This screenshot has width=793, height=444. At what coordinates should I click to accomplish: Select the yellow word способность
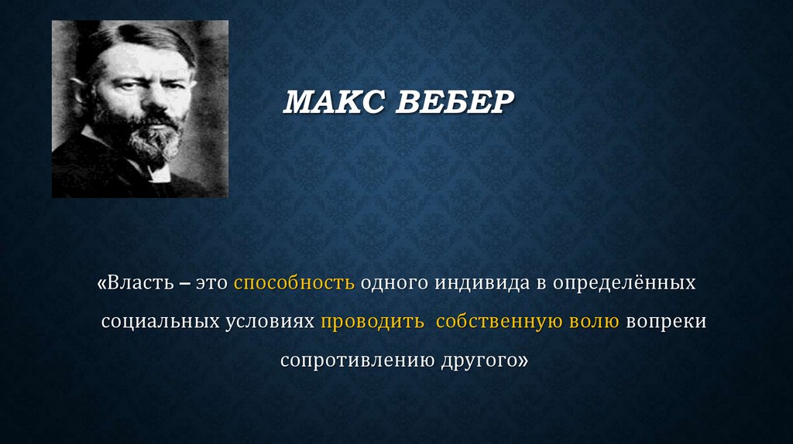pyautogui.click(x=294, y=283)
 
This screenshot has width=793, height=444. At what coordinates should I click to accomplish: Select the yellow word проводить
pyautogui.click(x=372, y=322)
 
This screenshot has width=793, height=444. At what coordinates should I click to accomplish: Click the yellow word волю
pyautogui.click(x=596, y=322)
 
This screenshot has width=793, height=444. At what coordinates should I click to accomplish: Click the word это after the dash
pyautogui.click(x=211, y=283)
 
